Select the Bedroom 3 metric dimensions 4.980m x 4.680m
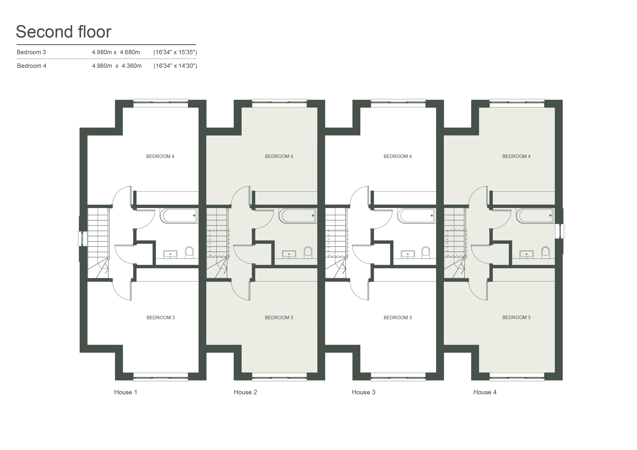click(116, 52)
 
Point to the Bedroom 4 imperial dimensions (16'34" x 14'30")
click(175, 66)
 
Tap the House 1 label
click(126, 392)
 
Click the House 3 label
click(363, 392)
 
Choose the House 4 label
click(485, 392)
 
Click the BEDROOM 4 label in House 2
click(279, 156)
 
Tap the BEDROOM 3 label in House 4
click(516, 317)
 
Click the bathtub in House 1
click(179, 216)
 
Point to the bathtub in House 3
click(416, 216)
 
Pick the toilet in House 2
click(308, 251)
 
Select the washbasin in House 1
click(170, 254)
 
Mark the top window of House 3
click(398, 103)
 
